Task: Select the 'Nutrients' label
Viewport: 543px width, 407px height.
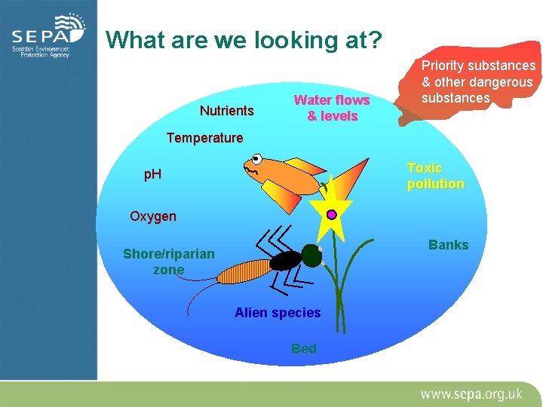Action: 226,111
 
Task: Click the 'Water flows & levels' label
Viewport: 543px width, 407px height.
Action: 332,108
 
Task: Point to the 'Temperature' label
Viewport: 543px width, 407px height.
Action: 204,138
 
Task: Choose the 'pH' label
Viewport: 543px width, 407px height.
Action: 152,175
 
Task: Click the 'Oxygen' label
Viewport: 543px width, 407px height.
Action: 152,216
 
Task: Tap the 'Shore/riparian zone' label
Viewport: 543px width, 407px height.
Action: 168,262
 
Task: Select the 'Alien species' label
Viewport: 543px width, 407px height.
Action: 278,312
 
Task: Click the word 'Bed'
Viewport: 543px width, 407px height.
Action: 304,348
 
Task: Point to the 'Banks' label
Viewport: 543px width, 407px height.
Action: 448,244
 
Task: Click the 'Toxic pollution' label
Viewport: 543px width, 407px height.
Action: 435,176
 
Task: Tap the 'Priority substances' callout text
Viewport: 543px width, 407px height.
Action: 477,82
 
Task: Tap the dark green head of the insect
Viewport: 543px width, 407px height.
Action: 311,256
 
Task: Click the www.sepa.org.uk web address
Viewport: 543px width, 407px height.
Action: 471,393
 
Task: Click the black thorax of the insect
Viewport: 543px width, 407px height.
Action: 286,261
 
